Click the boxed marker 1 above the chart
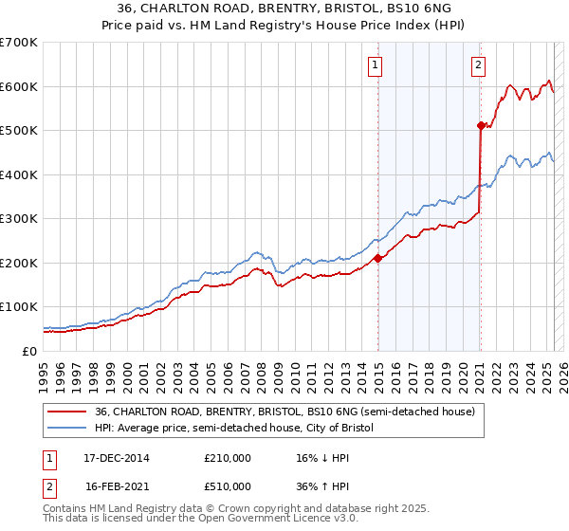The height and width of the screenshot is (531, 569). pos(376,65)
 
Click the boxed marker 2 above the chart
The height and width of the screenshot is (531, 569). pos(478,65)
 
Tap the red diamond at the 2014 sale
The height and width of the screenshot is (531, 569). pos(377,258)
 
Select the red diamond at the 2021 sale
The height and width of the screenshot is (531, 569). pos(481,125)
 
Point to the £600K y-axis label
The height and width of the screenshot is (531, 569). pos(19,86)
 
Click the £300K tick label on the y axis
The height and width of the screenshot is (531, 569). pos(19,218)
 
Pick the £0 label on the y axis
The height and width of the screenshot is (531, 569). pos(30,351)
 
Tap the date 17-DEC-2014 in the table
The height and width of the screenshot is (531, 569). pos(117,458)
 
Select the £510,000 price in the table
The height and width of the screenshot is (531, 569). pos(228,486)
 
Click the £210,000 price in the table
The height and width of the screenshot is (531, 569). pos(228,458)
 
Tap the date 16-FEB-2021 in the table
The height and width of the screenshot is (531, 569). pos(117,486)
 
